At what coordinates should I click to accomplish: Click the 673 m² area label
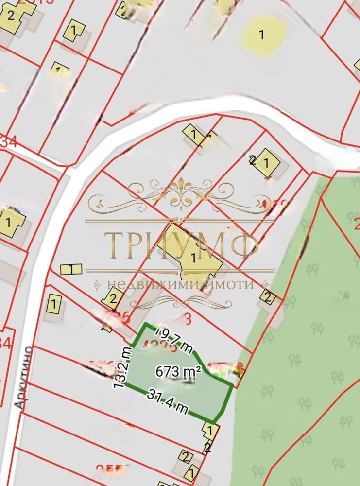pos(178,372)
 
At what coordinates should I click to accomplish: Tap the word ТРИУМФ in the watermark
pos(181,245)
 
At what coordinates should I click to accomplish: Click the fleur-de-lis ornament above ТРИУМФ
pos(181,191)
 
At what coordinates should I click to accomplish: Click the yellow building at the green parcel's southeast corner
pos(209,431)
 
